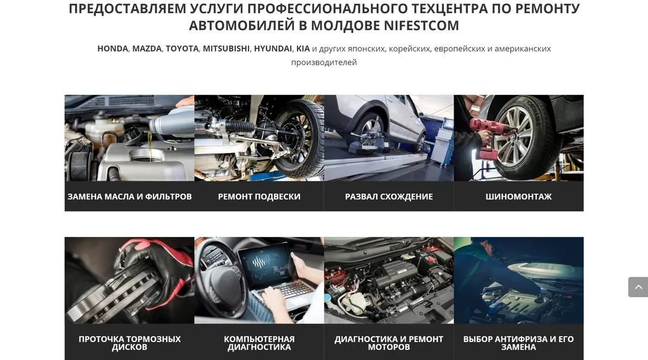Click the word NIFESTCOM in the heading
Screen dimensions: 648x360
[421, 26]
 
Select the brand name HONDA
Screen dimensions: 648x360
[113, 49]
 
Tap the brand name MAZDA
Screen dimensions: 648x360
[147, 49]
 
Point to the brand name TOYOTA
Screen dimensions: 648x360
[182, 49]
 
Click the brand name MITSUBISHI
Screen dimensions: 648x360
[226, 49]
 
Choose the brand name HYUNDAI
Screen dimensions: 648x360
[273, 49]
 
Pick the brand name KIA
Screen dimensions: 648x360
[303, 49]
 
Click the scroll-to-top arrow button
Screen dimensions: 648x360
[638, 287]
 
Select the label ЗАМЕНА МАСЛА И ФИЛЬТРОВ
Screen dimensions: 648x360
[130, 197]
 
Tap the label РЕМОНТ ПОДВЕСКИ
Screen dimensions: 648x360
[259, 197]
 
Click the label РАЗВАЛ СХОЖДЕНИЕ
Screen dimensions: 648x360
[389, 197]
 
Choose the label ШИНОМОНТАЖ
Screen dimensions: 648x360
[518, 197]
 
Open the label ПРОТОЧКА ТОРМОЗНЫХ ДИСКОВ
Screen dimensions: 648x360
[130, 343]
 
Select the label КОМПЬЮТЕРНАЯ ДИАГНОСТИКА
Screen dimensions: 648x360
[259, 343]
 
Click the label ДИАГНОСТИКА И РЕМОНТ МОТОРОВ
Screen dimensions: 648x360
[389, 343]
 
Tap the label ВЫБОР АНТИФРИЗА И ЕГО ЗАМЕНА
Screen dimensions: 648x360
[518, 343]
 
